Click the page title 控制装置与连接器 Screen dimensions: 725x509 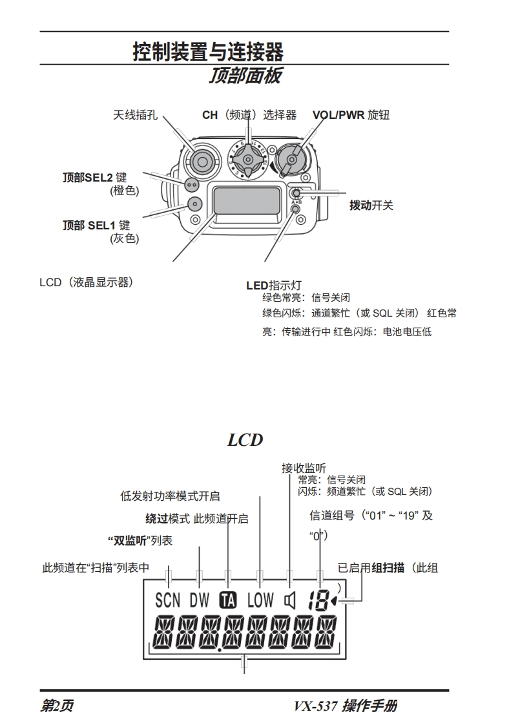pos(208,51)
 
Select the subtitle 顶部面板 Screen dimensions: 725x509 pos(245,76)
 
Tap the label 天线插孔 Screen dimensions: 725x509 pos(135,116)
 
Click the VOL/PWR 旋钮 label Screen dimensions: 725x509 pos(351,116)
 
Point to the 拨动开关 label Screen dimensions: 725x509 pos(371,205)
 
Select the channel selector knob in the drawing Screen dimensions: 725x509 pos(249,158)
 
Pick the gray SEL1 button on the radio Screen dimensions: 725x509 pos(193,204)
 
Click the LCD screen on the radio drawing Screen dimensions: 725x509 pos(246,200)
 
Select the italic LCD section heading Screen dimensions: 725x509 pos(245,440)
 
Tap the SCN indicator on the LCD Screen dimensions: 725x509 pos(168,600)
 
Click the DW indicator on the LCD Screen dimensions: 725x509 pos(200,600)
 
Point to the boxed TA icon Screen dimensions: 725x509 pos(228,600)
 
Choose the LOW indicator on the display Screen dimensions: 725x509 pos(260,600)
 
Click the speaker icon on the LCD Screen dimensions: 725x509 pos(290,601)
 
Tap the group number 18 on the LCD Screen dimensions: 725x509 pos(318,601)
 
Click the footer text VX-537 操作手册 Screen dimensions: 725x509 pos(345,706)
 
